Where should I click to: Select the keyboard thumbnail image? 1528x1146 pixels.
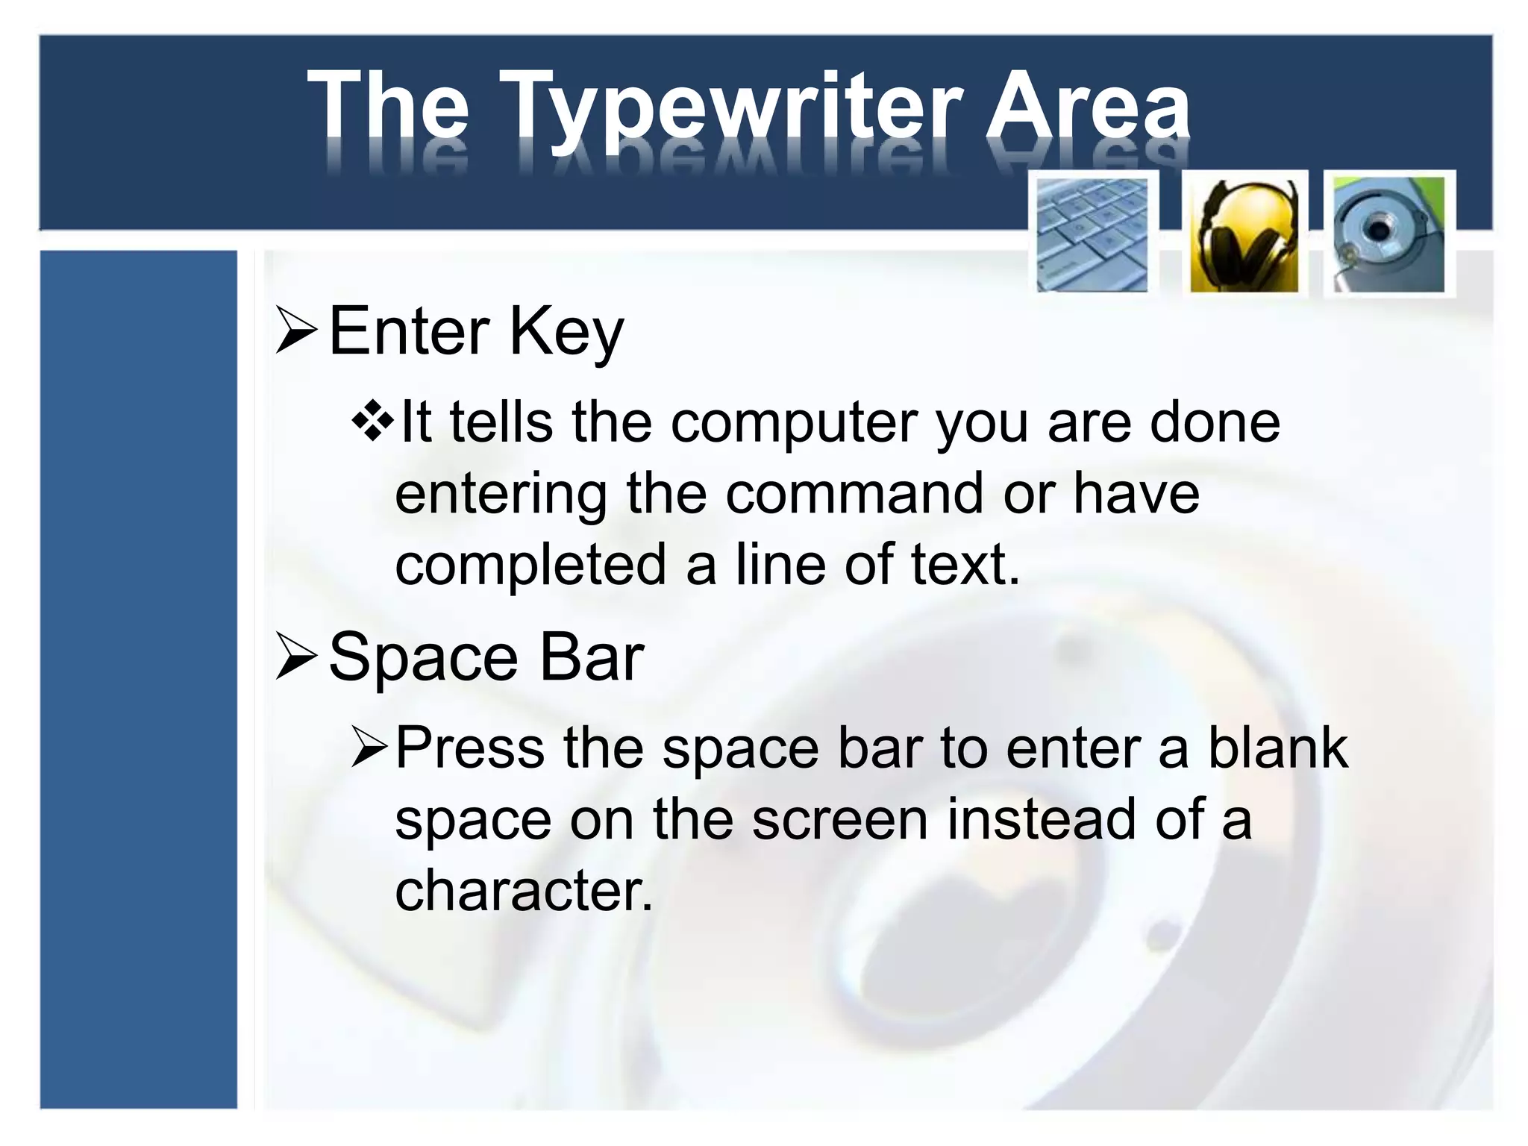click(1093, 233)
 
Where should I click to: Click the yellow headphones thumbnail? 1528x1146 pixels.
click(1244, 234)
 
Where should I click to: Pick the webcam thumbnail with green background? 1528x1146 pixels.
click(1388, 234)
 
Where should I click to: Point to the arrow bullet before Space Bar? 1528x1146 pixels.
click(296, 657)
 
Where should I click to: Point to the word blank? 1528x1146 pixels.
click(1277, 748)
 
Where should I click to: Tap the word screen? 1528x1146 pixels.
click(839, 819)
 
